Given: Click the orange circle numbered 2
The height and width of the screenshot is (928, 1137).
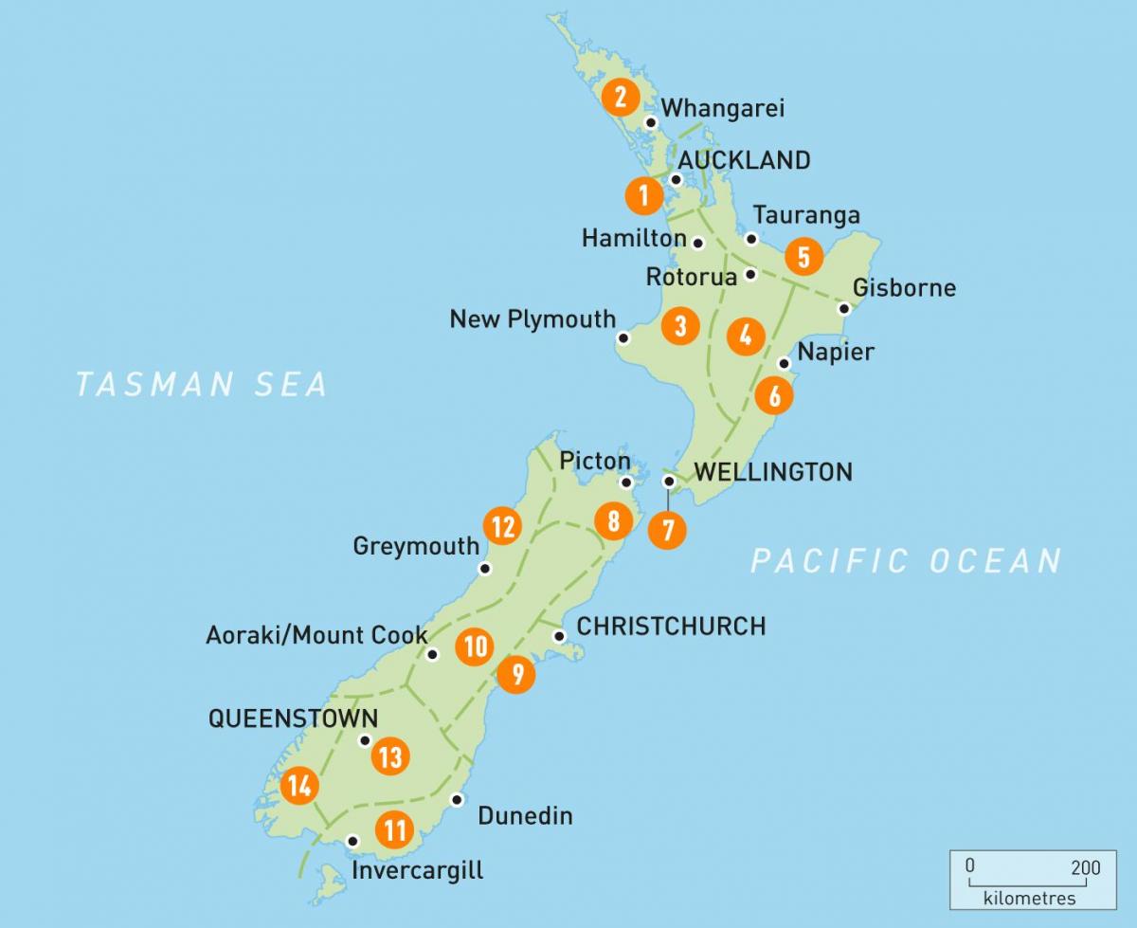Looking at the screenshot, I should click(621, 97).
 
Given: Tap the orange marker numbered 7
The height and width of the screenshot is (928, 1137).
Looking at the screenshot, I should click(668, 530).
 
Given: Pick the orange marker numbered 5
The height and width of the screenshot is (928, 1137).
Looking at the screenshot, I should click(803, 256).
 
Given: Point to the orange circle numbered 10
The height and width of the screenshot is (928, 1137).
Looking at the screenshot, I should click(475, 646).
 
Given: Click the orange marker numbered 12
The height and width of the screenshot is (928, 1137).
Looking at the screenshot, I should click(503, 526).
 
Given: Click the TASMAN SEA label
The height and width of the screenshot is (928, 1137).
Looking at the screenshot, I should click(202, 384).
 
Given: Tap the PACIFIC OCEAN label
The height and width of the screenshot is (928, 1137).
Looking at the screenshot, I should click(906, 560).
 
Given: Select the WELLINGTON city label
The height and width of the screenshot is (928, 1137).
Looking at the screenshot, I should click(773, 471).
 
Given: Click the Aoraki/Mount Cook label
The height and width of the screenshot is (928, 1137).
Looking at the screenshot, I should click(316, 634).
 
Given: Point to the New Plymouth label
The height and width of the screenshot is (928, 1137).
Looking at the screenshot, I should click(532, 319).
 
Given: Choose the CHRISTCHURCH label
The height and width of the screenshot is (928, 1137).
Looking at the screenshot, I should click(671, 626).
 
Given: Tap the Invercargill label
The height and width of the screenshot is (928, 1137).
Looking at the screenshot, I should click(417, 869).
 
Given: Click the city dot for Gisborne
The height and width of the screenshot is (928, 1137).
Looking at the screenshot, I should click(843, 308).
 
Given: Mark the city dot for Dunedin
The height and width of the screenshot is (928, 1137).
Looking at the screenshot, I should click(458, 799).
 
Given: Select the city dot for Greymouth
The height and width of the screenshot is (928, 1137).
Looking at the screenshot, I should click(485, 569).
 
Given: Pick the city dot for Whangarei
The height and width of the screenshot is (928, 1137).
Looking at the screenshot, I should click(651, 122).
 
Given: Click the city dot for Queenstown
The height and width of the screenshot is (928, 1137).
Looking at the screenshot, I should click(365, 740).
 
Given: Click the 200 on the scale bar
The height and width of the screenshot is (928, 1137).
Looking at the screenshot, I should click(1086, 867).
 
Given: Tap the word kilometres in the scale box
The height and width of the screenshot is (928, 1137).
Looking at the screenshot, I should click(1029, 898).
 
